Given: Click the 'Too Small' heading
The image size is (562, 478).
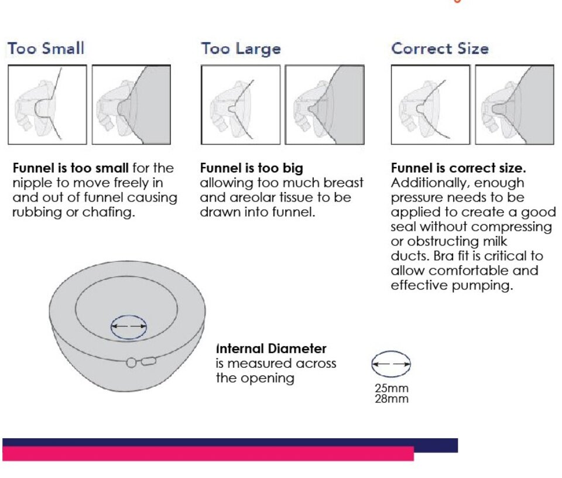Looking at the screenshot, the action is point(46,49).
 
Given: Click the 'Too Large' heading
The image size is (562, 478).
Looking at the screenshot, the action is point(241,49).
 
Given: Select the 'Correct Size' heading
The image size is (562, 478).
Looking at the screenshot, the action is point(440,49).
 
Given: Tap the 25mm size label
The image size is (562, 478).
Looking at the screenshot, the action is point(392,388).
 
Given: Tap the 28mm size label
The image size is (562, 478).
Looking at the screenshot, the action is point(392,399).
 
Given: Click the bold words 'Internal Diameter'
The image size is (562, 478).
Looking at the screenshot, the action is point(271,349).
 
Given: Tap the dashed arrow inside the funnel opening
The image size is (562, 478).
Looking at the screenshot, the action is point(129,326).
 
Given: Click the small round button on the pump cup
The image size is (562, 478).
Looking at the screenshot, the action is point(132,363).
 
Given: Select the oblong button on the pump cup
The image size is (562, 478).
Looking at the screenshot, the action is point(148,361).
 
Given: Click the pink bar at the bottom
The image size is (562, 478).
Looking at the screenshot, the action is point(208,454).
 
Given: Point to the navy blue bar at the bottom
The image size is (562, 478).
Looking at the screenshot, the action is point(229,442).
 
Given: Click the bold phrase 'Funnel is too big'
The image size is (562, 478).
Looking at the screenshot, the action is point(252,168).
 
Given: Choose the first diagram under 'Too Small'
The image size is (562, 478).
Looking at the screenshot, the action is point(47,105).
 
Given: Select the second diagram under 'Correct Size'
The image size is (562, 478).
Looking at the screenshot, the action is point(515,105).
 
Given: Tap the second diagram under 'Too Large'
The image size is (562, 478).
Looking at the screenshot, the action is point(325,105).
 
